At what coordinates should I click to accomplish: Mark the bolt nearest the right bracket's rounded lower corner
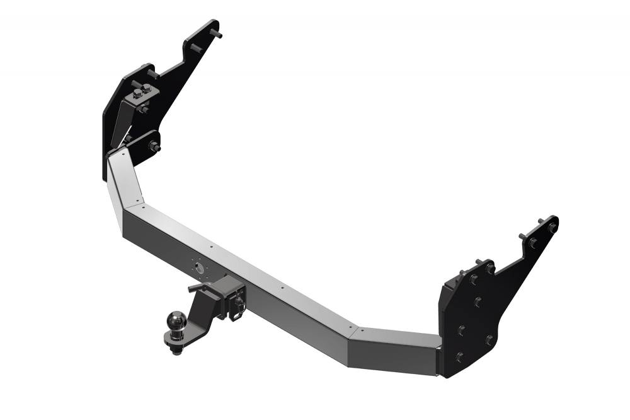click(x=489, y=340)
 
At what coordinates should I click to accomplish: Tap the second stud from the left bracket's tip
click(x=193, y=47)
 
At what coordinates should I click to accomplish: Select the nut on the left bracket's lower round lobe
click(x=152, y=146)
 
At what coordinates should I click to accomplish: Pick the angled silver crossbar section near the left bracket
click(x=124, y=180)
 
